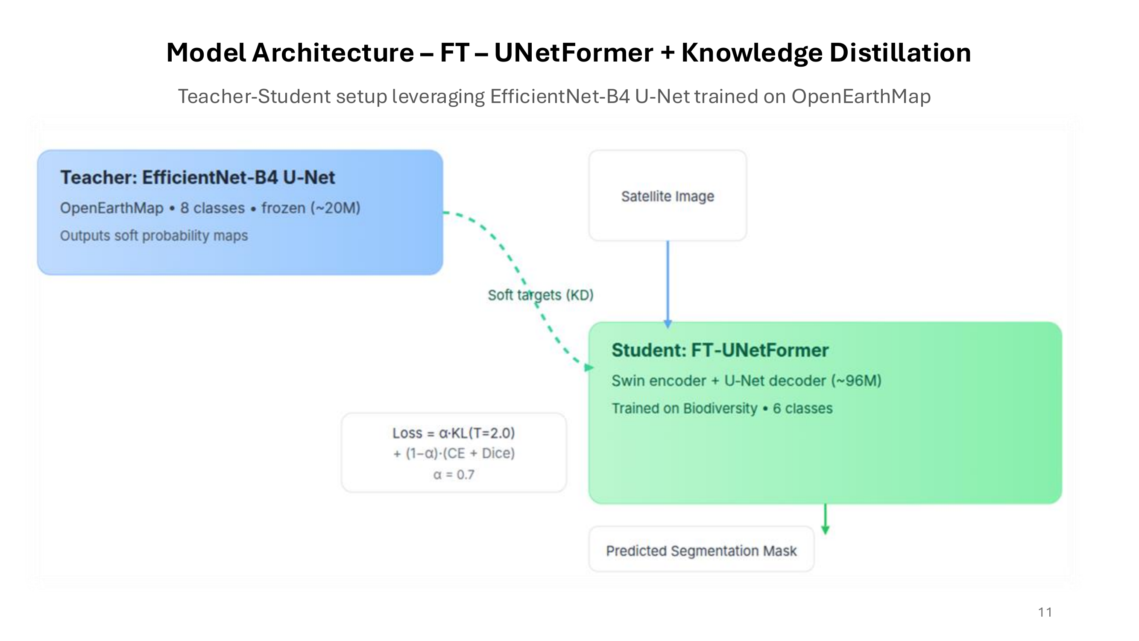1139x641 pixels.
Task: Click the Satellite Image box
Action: (667, 196)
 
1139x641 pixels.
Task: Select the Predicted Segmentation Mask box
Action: (701, 550)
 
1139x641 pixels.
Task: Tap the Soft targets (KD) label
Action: (540, 294)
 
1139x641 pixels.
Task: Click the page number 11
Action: (1044, 612)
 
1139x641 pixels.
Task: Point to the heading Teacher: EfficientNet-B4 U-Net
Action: (197, 177)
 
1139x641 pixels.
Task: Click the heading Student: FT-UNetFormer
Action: (720, 350)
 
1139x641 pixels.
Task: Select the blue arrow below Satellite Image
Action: (668, 283)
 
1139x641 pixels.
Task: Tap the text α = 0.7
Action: (454, 475)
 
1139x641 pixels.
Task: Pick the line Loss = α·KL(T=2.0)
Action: (454, 432)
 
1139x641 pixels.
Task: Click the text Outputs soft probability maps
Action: (154, 235)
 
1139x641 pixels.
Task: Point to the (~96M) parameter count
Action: (856, 380)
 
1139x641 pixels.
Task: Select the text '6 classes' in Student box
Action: (802, 408)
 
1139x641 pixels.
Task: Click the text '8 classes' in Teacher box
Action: (212, 208)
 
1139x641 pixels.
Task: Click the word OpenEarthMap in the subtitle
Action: (861, 97)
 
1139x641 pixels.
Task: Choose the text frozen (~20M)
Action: (311, 208)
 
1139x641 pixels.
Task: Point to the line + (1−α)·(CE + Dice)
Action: (454, 453)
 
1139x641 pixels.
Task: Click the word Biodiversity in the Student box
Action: (720, 408)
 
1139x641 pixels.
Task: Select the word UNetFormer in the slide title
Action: (574, 53)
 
